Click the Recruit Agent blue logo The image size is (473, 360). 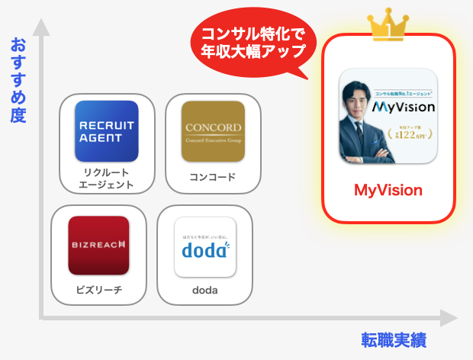pyautogui.click(x=107, y=131)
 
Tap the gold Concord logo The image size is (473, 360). pyautogui.click(x=213, y=131)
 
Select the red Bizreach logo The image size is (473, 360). pyautogui.click(x=98, y=246)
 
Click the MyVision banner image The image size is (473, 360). pyautogui.click(x=388, y=115)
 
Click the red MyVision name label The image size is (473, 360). pyautogui.click(x=388, y=189)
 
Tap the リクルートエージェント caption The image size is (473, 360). pyautogui.click(x=107, y=178)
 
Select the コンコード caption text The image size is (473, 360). pyautogui.click(x=213, y=178)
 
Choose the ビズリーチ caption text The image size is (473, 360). pyautogui.click(x=98, y=290)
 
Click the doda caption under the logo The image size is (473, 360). pyautogui.click(x=204, y=291)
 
